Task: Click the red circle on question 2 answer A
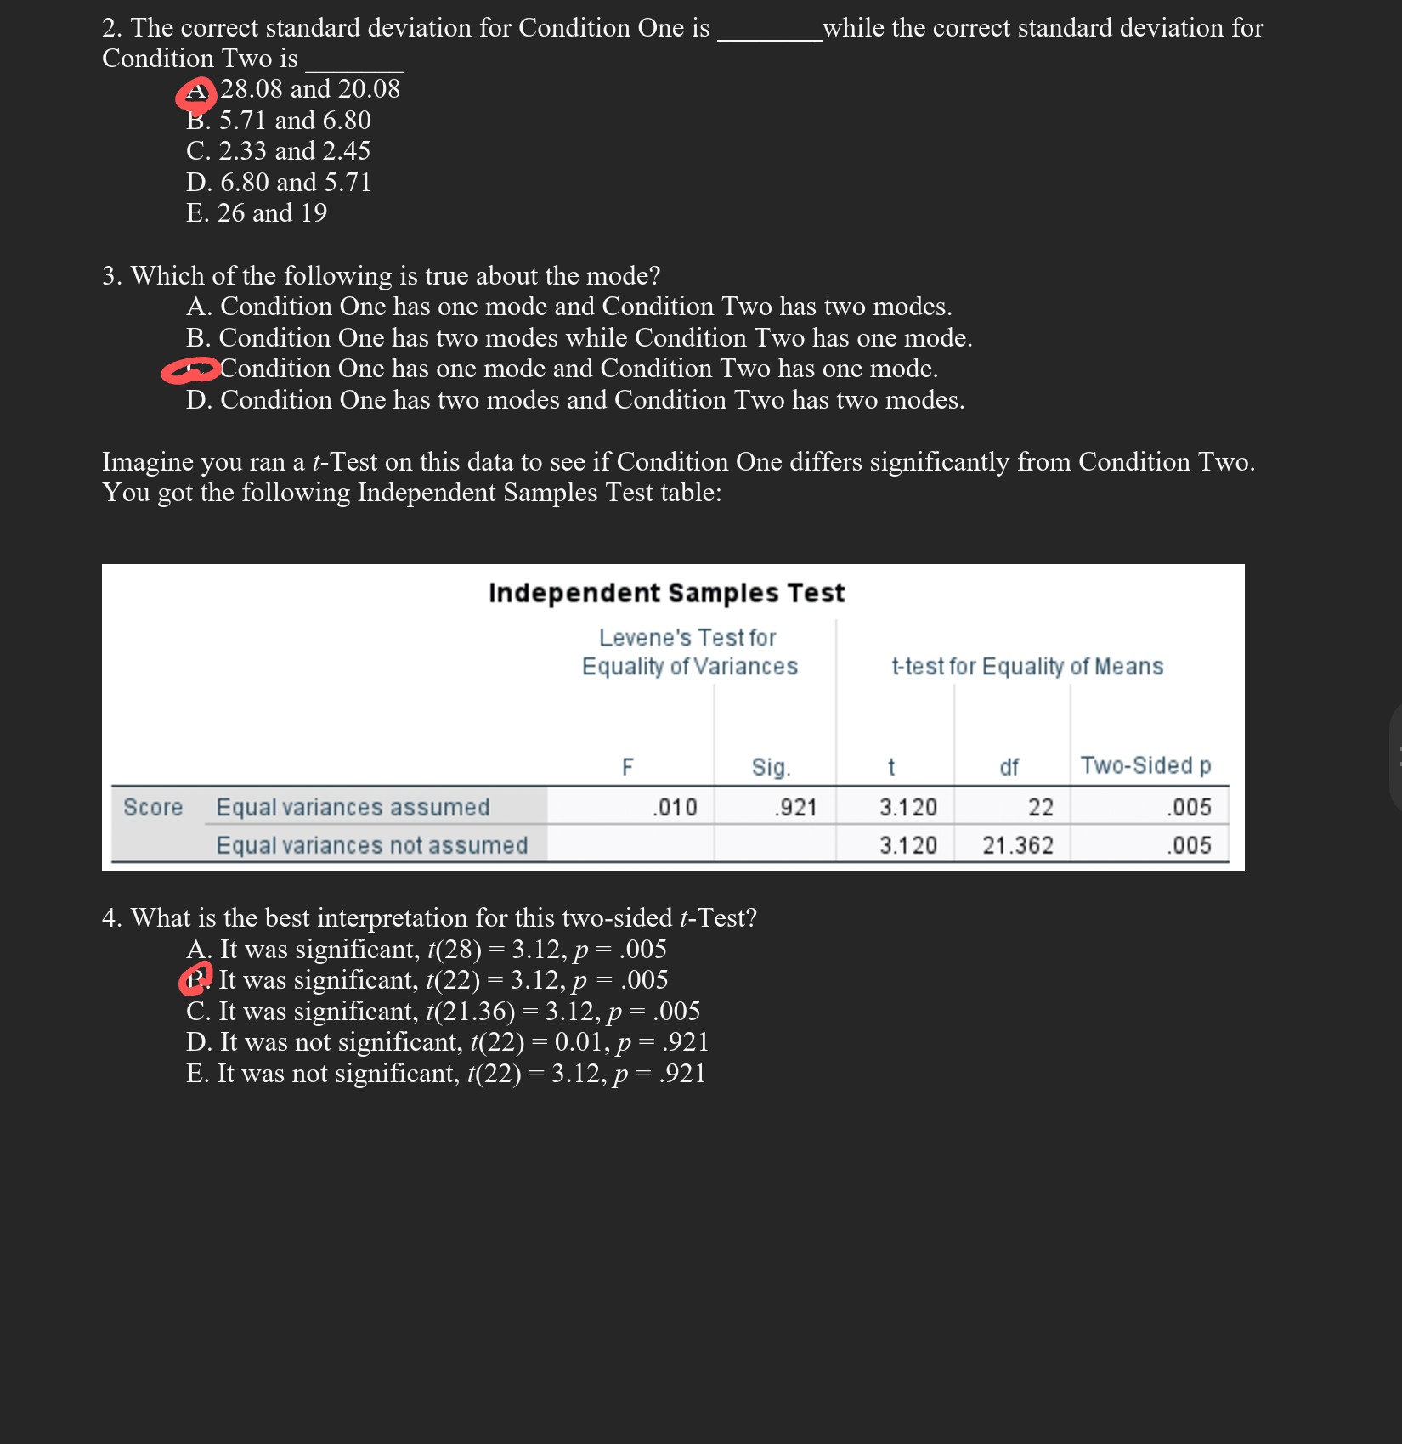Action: coord(195,94)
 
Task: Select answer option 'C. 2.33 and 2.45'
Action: coord(278,151)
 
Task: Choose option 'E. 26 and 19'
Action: coord(256,213)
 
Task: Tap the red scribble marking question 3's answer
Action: coord(190,371)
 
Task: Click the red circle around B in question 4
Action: coord(196,979)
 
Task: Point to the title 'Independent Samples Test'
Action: coord(666,593)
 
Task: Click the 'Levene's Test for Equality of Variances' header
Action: coord(689,652)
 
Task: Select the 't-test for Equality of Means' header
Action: coord(1026,667)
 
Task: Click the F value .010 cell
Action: coord(675,807)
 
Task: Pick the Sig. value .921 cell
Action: coord(795,807)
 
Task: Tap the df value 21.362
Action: coord(1018,845)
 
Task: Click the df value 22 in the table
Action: coord(1041,807)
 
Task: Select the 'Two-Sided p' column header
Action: coord(1145,766)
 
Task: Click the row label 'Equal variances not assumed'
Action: coord(371,845)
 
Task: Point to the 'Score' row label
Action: coord(153,807)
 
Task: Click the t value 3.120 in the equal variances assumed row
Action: coord(908,807)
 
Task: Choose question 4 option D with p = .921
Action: coord(447,1042)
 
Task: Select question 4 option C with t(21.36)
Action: coord(443,1012)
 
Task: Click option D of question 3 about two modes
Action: coord(575,400)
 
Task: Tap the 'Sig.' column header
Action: coord(771,768)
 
